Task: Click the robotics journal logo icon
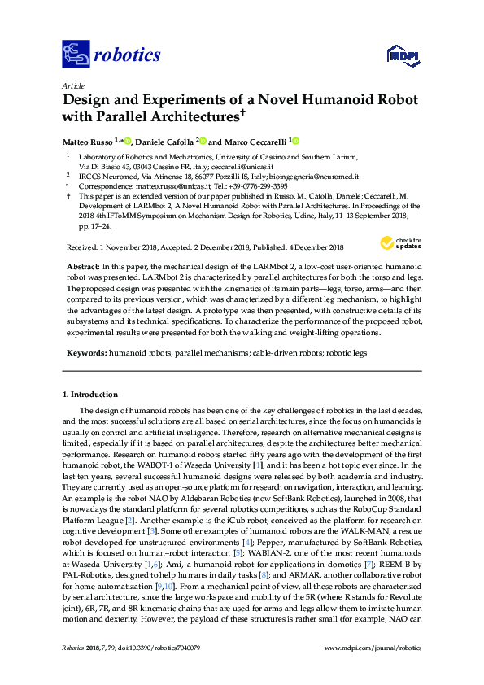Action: (x=76, y=55)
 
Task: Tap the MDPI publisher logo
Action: (x=396, y=55)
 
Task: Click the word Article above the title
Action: (x=73, y=85)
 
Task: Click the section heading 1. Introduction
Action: (x=93, y=395)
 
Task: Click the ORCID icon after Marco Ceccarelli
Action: (x=296, y=141)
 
